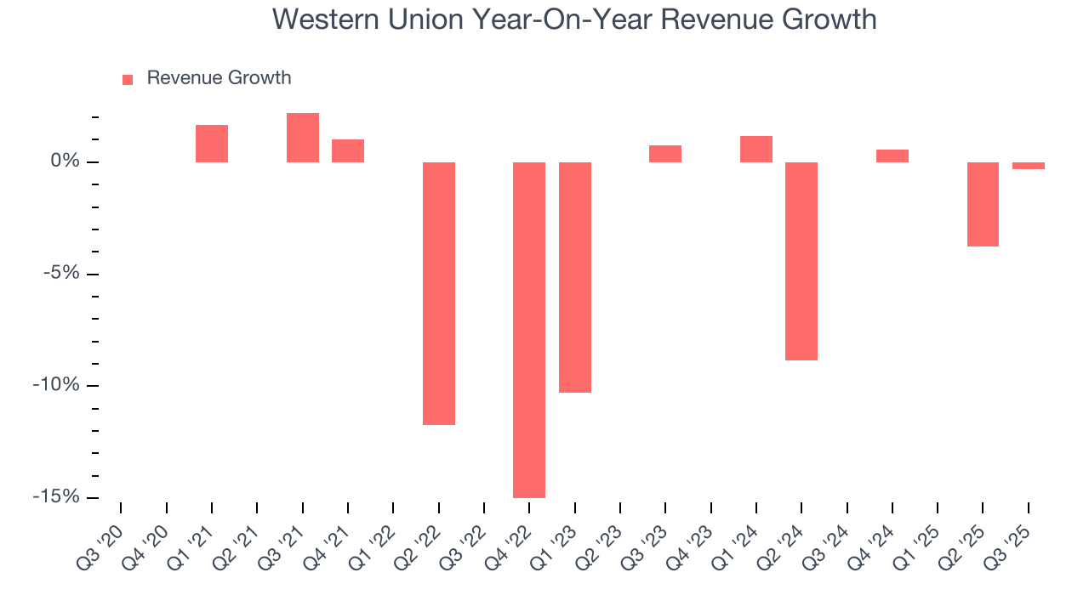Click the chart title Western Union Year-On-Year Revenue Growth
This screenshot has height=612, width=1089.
coord(574,20)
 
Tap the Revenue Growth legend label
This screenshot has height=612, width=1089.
coord(219,78)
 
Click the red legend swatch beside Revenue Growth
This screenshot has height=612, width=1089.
coord(128,79)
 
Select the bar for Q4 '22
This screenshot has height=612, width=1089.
coord(529,330)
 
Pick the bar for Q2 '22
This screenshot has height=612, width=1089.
coord(439,293)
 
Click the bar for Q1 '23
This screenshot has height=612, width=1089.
coord(575,277)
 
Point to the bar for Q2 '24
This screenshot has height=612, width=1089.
coord(801,261)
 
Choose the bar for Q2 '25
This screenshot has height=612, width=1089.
coord(983,204)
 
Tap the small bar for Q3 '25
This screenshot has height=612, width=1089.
coord(1029,166)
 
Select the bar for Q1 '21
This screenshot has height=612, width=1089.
coord(212,144)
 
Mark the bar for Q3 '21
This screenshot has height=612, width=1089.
coord(303,138)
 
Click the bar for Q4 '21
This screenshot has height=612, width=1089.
coord(348,150)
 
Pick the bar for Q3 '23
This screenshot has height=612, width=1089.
coord(665,154)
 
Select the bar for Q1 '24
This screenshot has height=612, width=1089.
coord(756,149)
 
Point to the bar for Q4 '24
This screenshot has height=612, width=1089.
coord(892,156)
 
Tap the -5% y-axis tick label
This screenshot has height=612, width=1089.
coord(61,274)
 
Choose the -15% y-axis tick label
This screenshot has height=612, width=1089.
coord(58,497)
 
